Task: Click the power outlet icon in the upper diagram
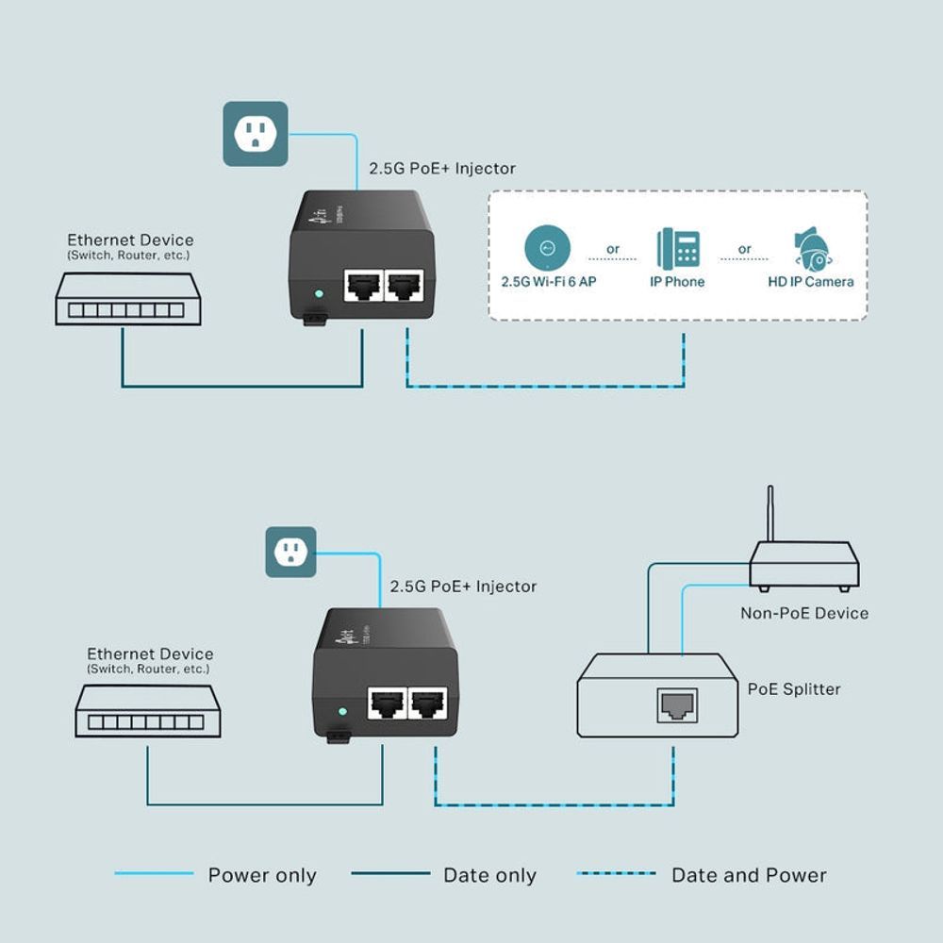255,134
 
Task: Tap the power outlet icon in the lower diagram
290,552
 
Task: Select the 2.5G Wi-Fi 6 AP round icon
548,249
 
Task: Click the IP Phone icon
678,249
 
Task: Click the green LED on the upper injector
319,293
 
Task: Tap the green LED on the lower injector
342,710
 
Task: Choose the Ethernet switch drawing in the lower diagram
147,711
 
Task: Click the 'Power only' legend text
261,876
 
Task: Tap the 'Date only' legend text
489,876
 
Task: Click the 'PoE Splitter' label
793,689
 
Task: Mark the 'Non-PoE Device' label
803,613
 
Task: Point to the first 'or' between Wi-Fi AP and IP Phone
613,249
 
